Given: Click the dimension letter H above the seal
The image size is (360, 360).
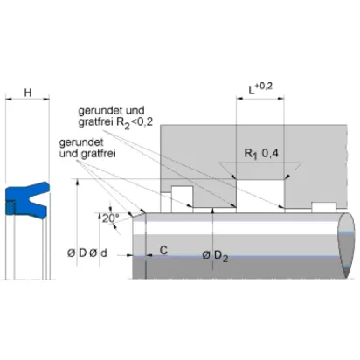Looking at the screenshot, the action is click(28, 93).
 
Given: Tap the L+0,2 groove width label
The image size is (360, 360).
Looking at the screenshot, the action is click(260, 88).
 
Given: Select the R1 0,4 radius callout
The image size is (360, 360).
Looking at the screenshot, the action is click(261, 154).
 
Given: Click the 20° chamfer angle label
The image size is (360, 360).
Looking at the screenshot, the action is click(111, 218).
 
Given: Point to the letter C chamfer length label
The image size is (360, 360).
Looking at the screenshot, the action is click(164, 250).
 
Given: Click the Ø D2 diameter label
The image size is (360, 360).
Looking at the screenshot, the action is click(215, 256).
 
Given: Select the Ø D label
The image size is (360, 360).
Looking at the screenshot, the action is click(77, 253).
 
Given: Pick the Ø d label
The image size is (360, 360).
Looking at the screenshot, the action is click(98, 253).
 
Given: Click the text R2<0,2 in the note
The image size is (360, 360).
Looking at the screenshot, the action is click(135, 122).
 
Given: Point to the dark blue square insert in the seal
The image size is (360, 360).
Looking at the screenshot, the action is click(10, 207).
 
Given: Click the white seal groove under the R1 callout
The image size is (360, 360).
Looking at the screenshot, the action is click(260, 196).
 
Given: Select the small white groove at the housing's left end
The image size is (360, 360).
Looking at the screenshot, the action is click(182, 199).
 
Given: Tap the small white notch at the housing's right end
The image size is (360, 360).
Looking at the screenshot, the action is click(324, 207).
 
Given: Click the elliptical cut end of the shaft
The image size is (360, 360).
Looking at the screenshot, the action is click(347, 246).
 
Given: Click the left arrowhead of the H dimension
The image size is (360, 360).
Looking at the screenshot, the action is click(9, 100).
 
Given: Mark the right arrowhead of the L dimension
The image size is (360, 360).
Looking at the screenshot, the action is click(281, 99).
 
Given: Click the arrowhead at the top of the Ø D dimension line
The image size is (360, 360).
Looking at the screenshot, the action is click(77, 183).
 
